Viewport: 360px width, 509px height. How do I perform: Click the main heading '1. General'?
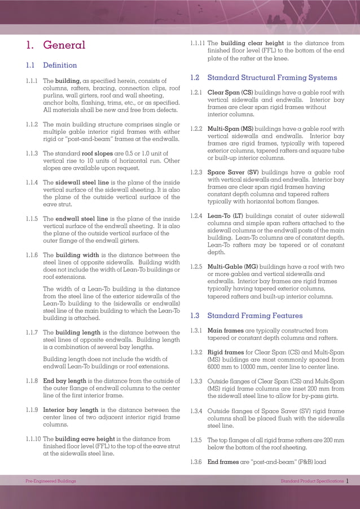pyautogui.click(x=56, y=45)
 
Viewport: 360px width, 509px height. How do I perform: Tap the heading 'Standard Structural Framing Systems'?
pyautogui.click(x=272, y=78)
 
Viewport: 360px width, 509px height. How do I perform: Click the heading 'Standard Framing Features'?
pyautogui.click(x=255, y=316)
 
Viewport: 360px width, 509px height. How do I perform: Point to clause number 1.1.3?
pyautogui.click(x=32, y=153)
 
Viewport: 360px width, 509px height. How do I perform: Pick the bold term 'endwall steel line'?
pyautogui.click(x=82, y=219)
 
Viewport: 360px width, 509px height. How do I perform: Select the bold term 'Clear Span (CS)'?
pyautogui.click(x=230, y=93)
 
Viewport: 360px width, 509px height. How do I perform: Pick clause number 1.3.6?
pyautogui.click(x=196, y=462)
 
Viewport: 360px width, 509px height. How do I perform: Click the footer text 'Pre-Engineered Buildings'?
pyautogui.click(x=51, y=481)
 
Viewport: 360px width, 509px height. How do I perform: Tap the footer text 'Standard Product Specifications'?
pyautogui.click(x=311, y=481)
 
